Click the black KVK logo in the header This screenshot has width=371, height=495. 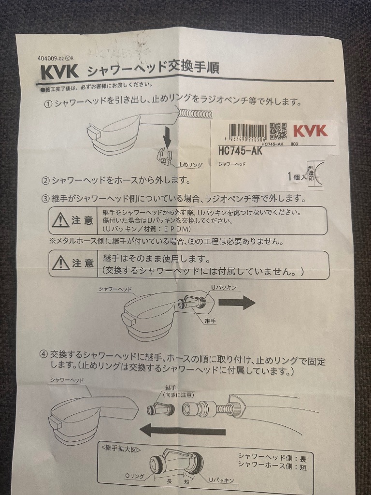click(58, 72)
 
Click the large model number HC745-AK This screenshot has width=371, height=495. click(240, 151)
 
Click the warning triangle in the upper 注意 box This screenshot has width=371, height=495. click(61, 220)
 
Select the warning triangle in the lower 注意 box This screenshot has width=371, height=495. click(61, 263)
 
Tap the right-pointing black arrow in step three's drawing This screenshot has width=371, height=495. click(236, 303)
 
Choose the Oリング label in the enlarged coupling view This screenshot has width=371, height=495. click(134, 477)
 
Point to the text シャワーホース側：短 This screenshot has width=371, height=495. click(272, 467)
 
